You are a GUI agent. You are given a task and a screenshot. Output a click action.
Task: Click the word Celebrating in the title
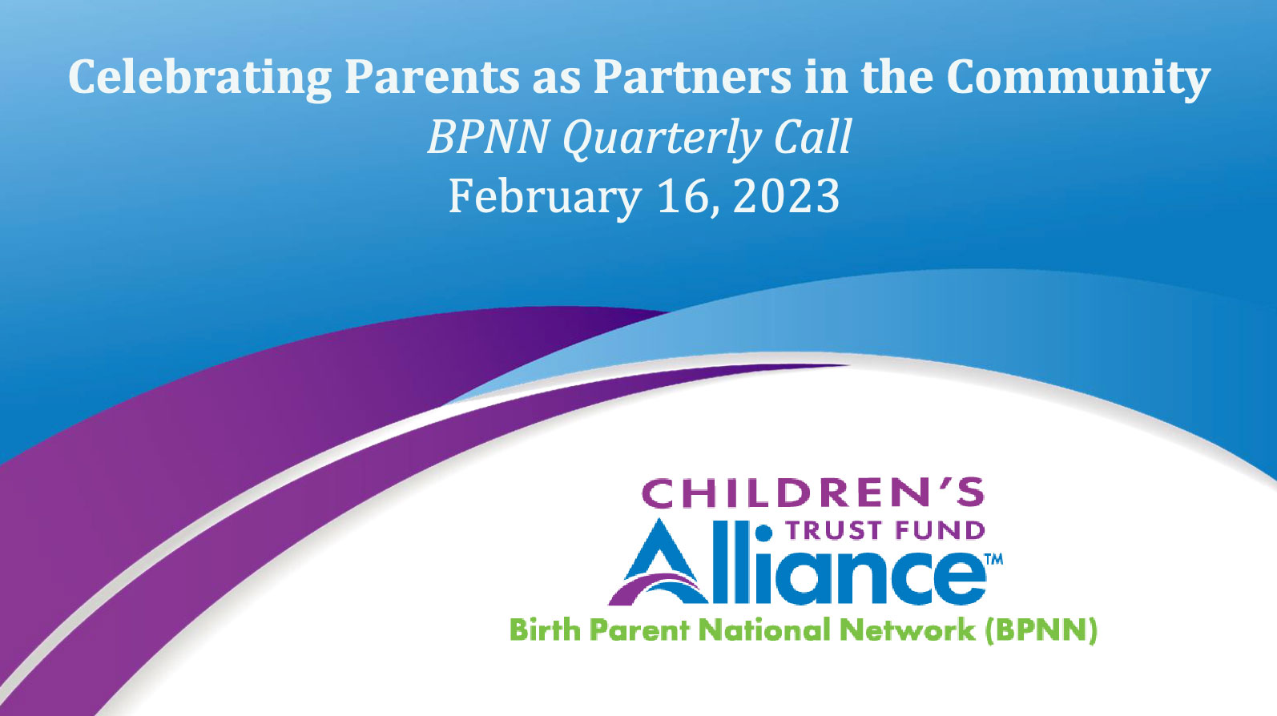tap(199, 79)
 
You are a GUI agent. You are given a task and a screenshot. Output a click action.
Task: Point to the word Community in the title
tap(1078, 79)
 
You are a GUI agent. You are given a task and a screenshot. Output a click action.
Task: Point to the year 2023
tap(786, 197)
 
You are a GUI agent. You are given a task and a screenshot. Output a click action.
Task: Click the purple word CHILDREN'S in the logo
tap(812, 493)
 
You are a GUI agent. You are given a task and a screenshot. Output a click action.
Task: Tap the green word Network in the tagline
tap(907, 630)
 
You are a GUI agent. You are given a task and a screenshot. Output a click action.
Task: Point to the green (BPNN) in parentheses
tap(1041, 631)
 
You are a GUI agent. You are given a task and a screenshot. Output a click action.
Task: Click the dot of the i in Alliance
tap(764, 533)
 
